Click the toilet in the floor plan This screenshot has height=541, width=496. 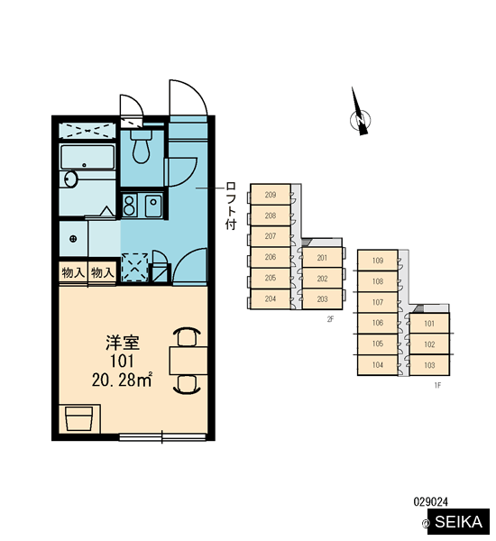click(x=141, y=146)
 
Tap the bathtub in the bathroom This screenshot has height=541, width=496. click(x=87, y=157)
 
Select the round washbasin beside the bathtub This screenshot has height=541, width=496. click(x=70, y=179)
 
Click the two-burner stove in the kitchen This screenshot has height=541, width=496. click(x=129, y=205)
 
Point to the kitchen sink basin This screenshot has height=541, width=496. click(x=153, y=206)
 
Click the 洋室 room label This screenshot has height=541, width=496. click(x=122, y=343)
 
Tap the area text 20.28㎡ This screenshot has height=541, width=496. click(x=122, y=380)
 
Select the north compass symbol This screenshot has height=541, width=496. click(x=360, y=114)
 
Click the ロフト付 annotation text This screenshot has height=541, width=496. click(x=231, y=206)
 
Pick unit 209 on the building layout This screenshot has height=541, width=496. click(x=271, y=195)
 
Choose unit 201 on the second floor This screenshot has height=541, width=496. click(x=322, y=257)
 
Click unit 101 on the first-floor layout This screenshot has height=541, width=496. click(x=429, y=324)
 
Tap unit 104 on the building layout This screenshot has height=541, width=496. click(x=378, y=364)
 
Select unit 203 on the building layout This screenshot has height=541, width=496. click(x=322, y=298)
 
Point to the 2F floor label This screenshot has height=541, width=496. click(x=331, y=319)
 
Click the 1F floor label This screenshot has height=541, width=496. click(x=437, y=385)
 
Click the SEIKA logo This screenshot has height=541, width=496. click(x=458, y=522)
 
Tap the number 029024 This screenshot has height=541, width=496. click(x=431, y=501)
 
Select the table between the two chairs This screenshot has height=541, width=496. click(x=188, y=361)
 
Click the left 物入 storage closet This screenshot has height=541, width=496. click(x=73, y=273)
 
